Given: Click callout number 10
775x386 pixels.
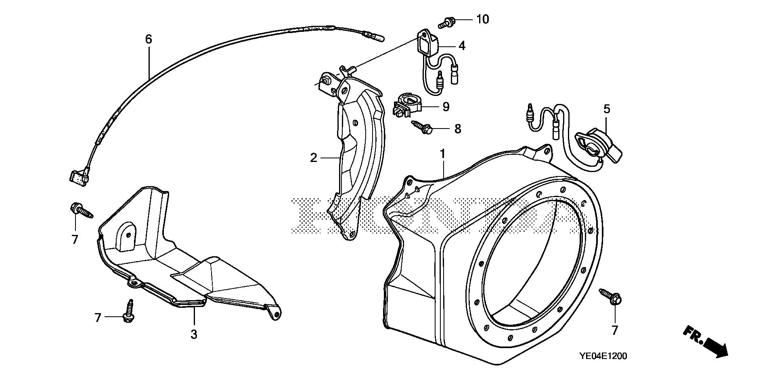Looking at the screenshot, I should point(482,19).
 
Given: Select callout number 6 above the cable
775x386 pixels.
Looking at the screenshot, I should point(149,39).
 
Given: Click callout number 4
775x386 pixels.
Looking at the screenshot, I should point(462,46).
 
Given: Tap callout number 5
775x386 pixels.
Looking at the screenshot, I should point(607,109).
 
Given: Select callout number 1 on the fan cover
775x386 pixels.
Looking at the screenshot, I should point(442,154).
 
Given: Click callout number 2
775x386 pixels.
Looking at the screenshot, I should point(314,158).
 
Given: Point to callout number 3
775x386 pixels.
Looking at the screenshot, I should point(194,334).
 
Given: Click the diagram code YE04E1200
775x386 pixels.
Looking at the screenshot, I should point(603,356).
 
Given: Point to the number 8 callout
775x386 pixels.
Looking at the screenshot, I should point(457,129).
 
